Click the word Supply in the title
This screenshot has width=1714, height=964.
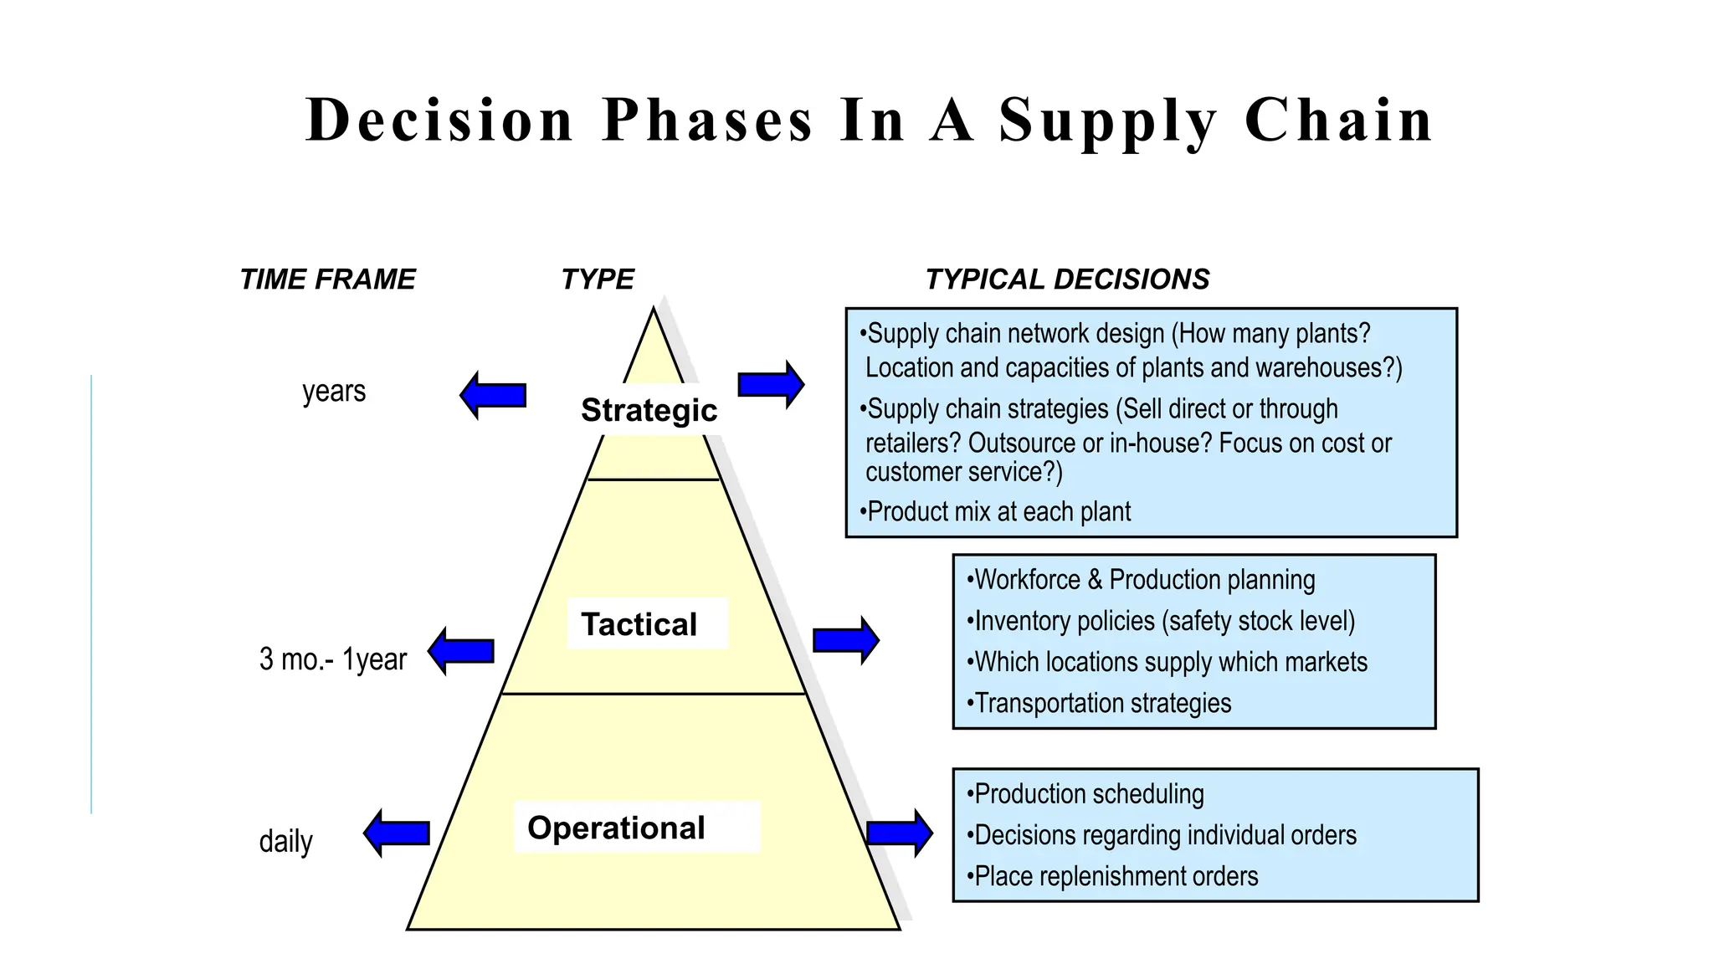click(x=1108, y=121)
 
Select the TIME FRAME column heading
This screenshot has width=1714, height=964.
click(x=327, y=279)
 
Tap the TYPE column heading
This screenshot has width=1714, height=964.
click(x=597, y=279)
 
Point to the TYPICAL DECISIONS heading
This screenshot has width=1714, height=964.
click(x=1067, y=279)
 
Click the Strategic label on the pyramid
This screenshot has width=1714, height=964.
click(x=649, y=411)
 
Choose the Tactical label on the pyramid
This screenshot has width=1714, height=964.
click(x=639, y=624)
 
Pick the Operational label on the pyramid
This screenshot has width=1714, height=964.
click(x=616, y=828)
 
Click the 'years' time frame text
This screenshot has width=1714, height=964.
click(x=334, y=391)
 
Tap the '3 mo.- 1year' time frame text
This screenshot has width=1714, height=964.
click(x=332, y=659)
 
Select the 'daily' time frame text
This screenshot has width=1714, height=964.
click(x=285, y=841)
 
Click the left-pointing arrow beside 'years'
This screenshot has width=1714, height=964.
click(x=493, y=395)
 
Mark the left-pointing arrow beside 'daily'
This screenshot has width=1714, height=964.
click(x=397, y=833)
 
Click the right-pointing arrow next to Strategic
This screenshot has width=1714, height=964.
click(x=771, y=385)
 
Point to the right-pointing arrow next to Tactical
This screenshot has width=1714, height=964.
click(x=845, y=641)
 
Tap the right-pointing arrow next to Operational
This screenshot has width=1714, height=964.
click(x=899, y=833)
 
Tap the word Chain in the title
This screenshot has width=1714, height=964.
click(x=1338, y=121)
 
